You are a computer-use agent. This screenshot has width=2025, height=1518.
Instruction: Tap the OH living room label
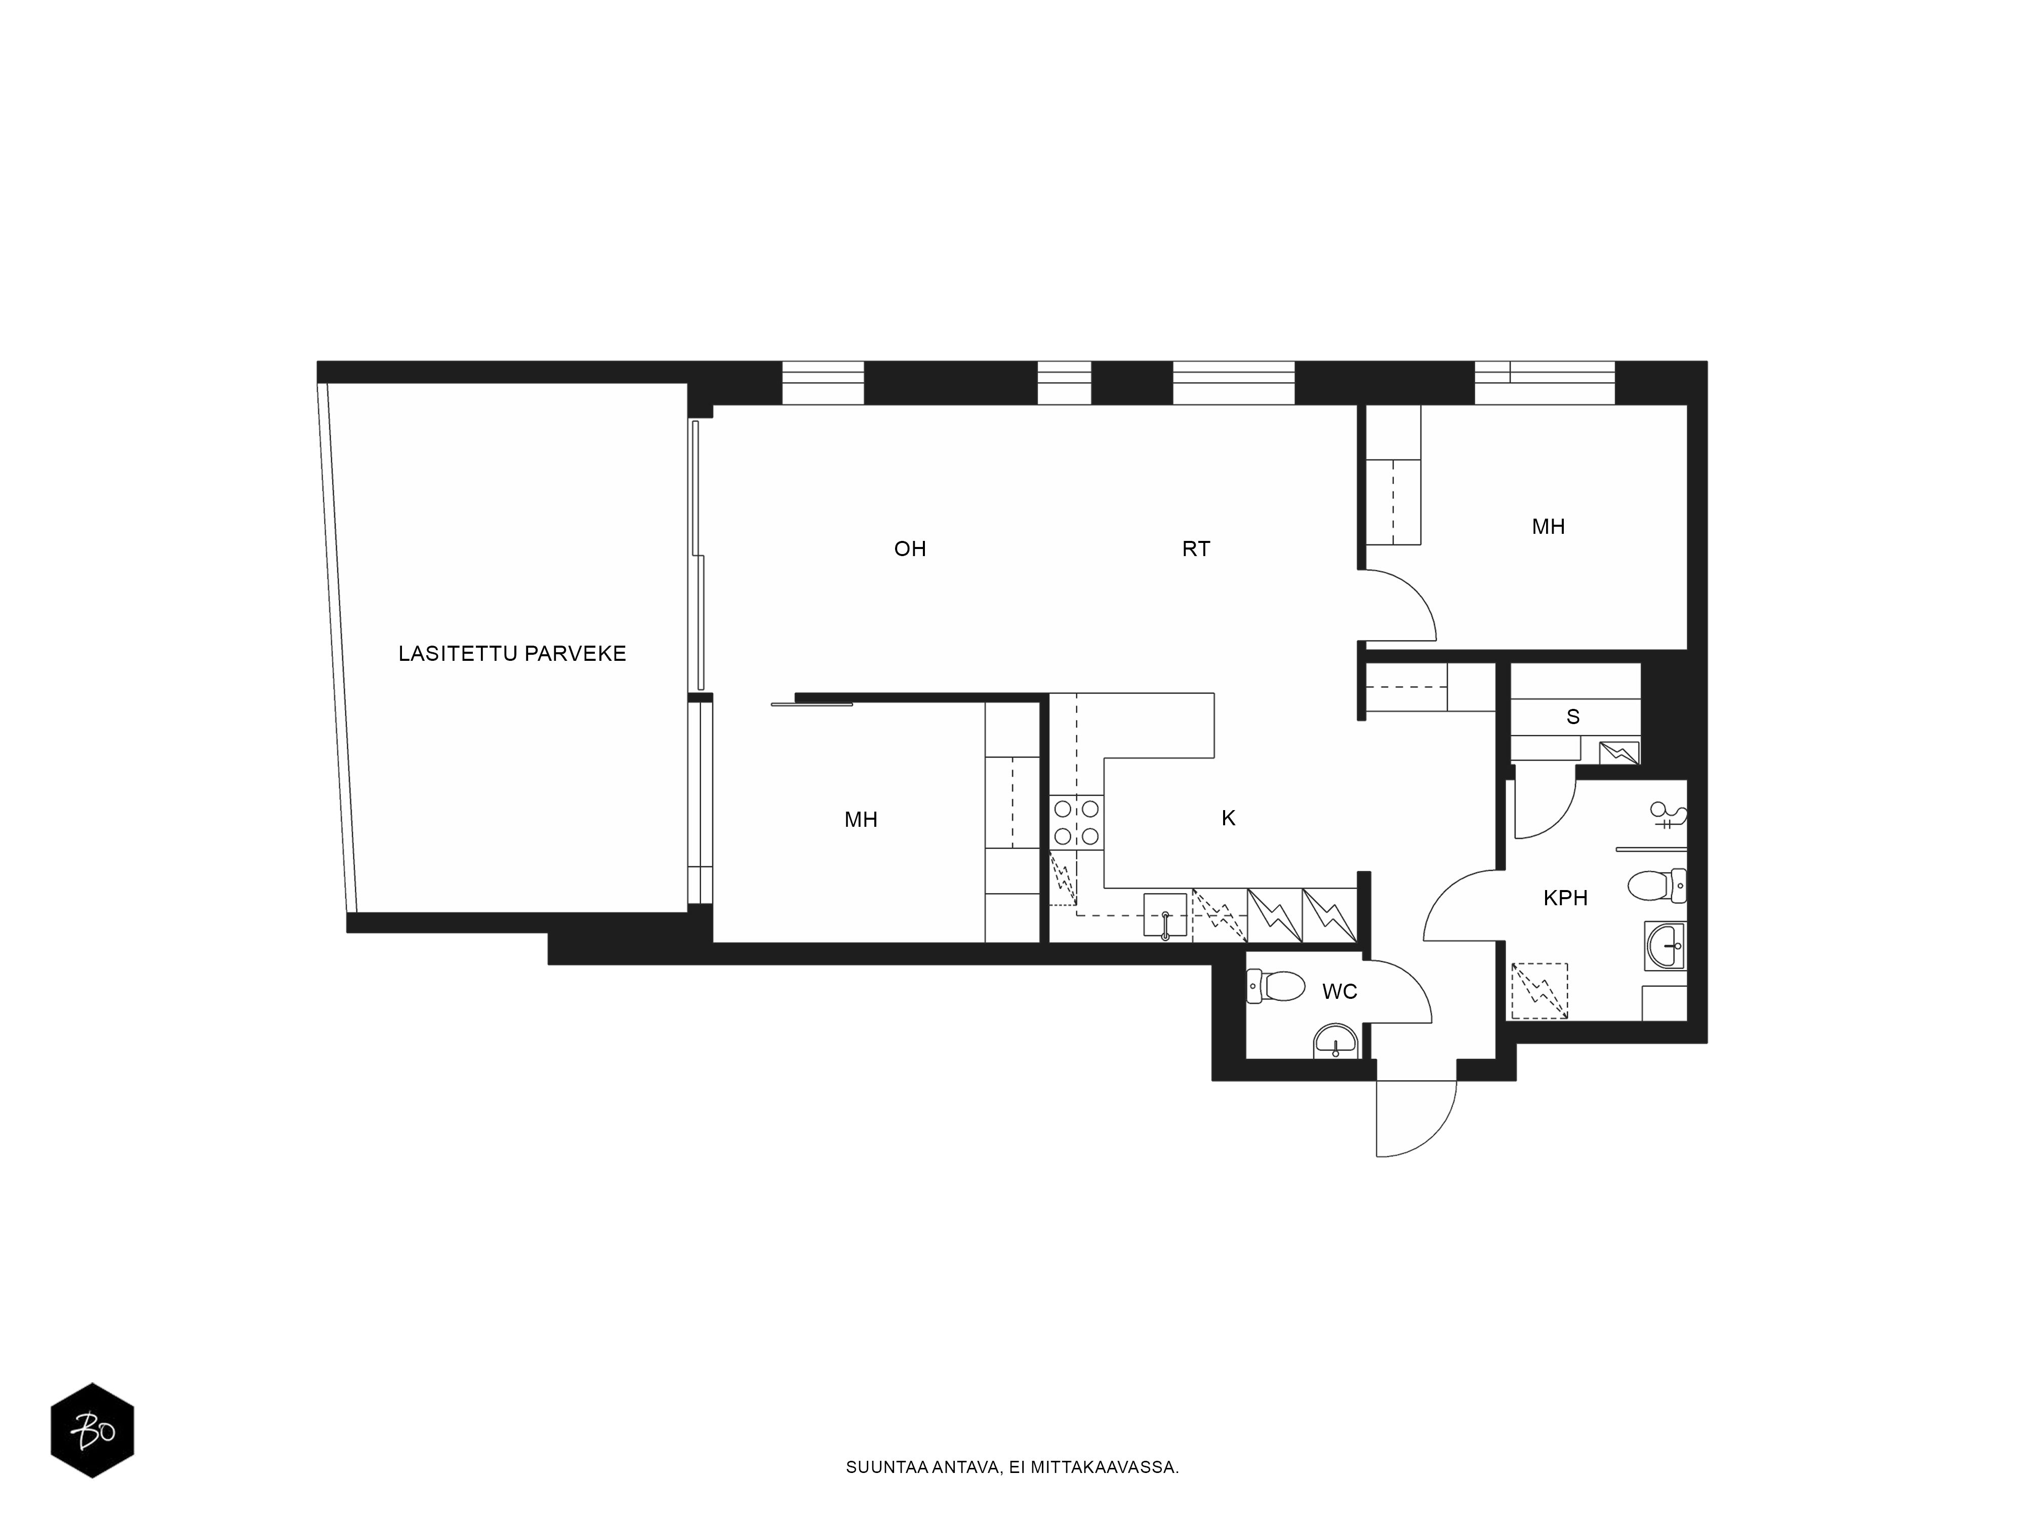[x=910, y=549]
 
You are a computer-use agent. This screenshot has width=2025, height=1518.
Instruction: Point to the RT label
[x=1196, y=549]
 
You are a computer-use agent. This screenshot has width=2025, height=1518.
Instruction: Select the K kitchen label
[x=1229, y=819]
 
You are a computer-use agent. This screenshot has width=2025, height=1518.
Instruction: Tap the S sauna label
[x=1573, y=716]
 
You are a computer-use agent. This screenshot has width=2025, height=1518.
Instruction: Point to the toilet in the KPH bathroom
[x=1657, y=885]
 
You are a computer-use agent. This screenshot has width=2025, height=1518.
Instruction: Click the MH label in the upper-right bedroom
[x=1548, y=527]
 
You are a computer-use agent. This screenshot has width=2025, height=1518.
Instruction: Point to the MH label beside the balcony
[x=861, y=820]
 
